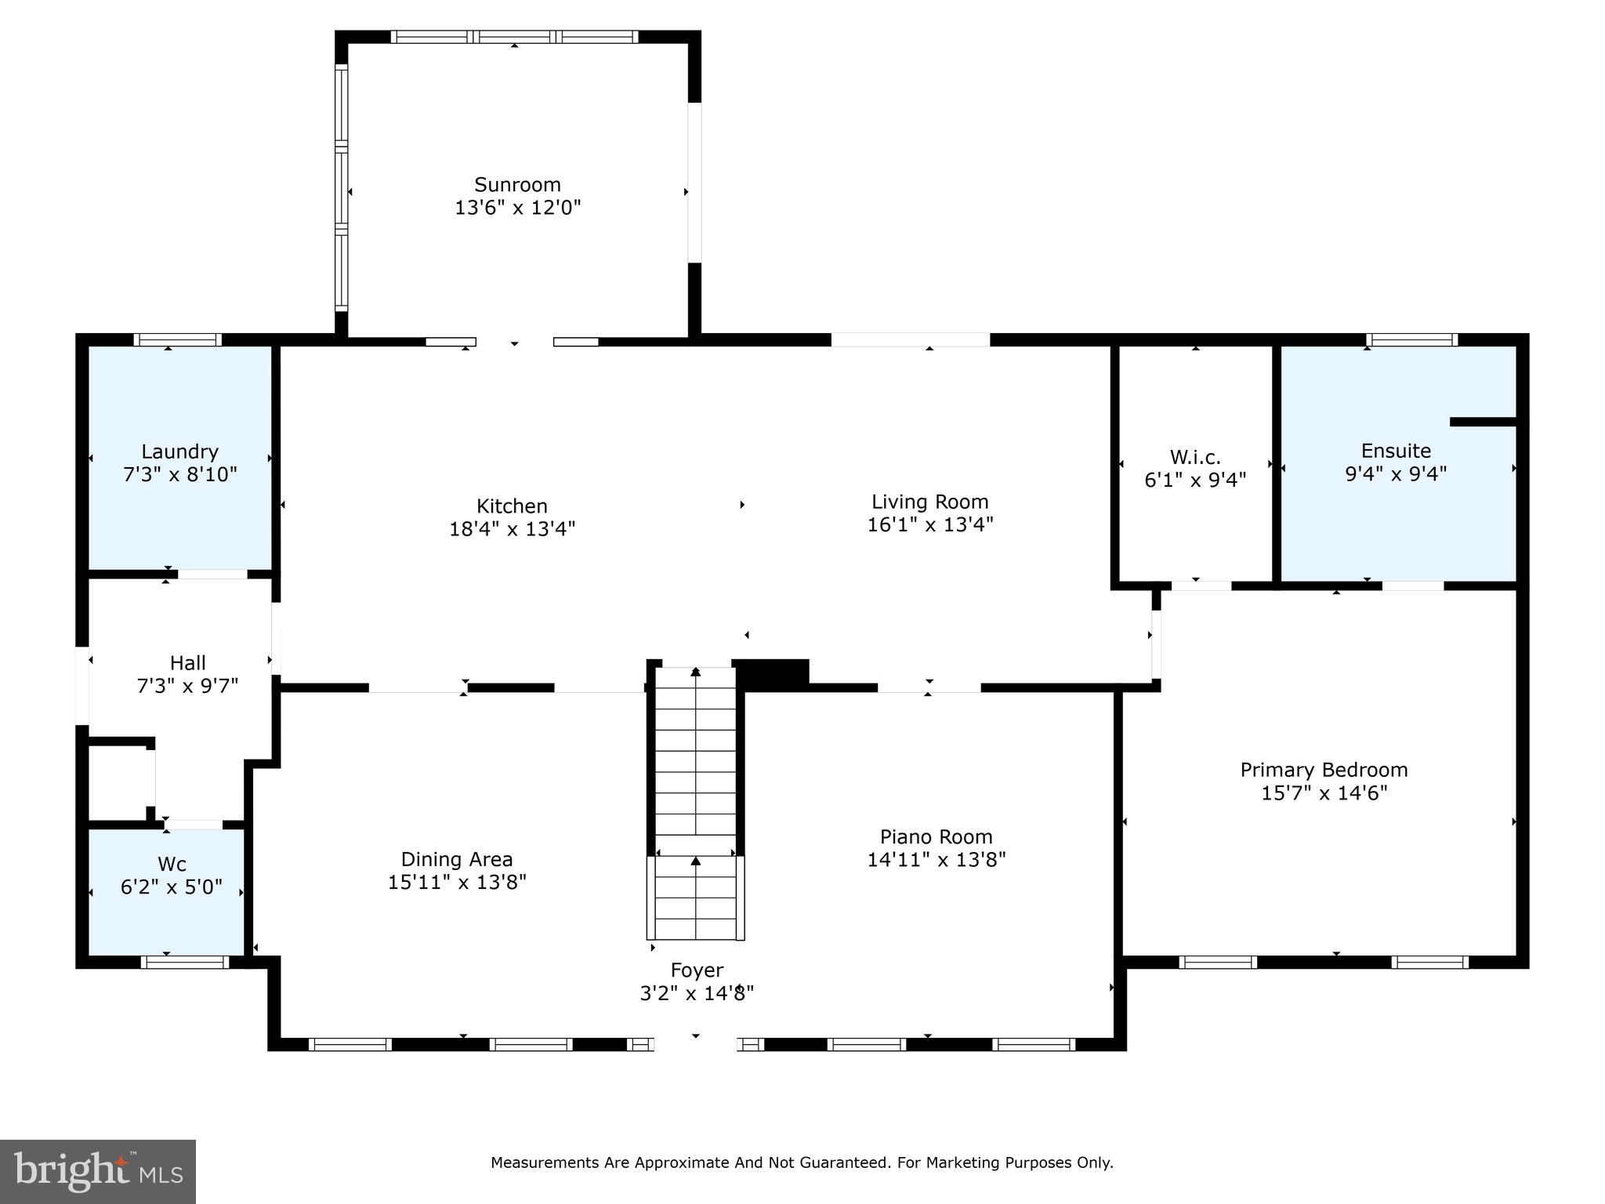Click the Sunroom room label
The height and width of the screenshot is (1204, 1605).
coord(517,185)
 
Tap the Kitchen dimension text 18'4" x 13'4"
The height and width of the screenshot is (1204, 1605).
coord(512,529)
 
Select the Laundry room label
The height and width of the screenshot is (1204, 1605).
coord(179,451)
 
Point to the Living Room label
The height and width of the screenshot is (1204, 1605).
coord(929,502)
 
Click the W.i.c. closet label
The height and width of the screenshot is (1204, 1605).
coord(1194,457)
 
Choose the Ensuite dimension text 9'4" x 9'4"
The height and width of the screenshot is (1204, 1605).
coord(1395,473)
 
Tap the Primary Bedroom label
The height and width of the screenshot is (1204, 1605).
coord(1323,770)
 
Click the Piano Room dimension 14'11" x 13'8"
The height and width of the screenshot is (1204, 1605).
coord(936,860)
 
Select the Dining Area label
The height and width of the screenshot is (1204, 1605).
coord(457,859)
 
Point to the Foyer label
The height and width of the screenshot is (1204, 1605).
coord(697,970)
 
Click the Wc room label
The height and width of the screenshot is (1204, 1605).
coord(172,864)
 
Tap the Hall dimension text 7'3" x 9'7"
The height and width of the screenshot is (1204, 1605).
coord(187,686)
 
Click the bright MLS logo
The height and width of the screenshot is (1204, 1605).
coord(98,1171)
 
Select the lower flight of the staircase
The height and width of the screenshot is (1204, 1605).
coord(695,898)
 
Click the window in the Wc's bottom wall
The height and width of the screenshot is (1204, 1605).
coord(184,962)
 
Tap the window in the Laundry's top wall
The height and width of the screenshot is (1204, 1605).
coord(177,339)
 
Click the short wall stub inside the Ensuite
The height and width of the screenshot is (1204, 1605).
coord(1483,422)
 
